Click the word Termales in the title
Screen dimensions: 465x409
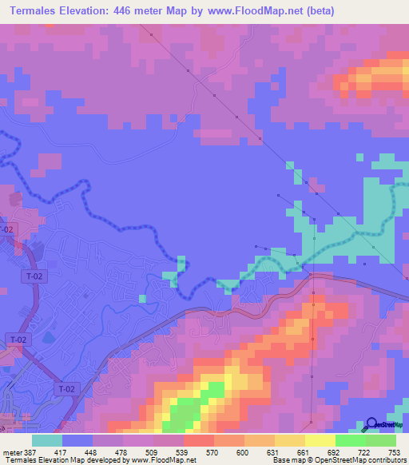tap(37, 11)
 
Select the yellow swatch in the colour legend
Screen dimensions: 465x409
tap(320, 440)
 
